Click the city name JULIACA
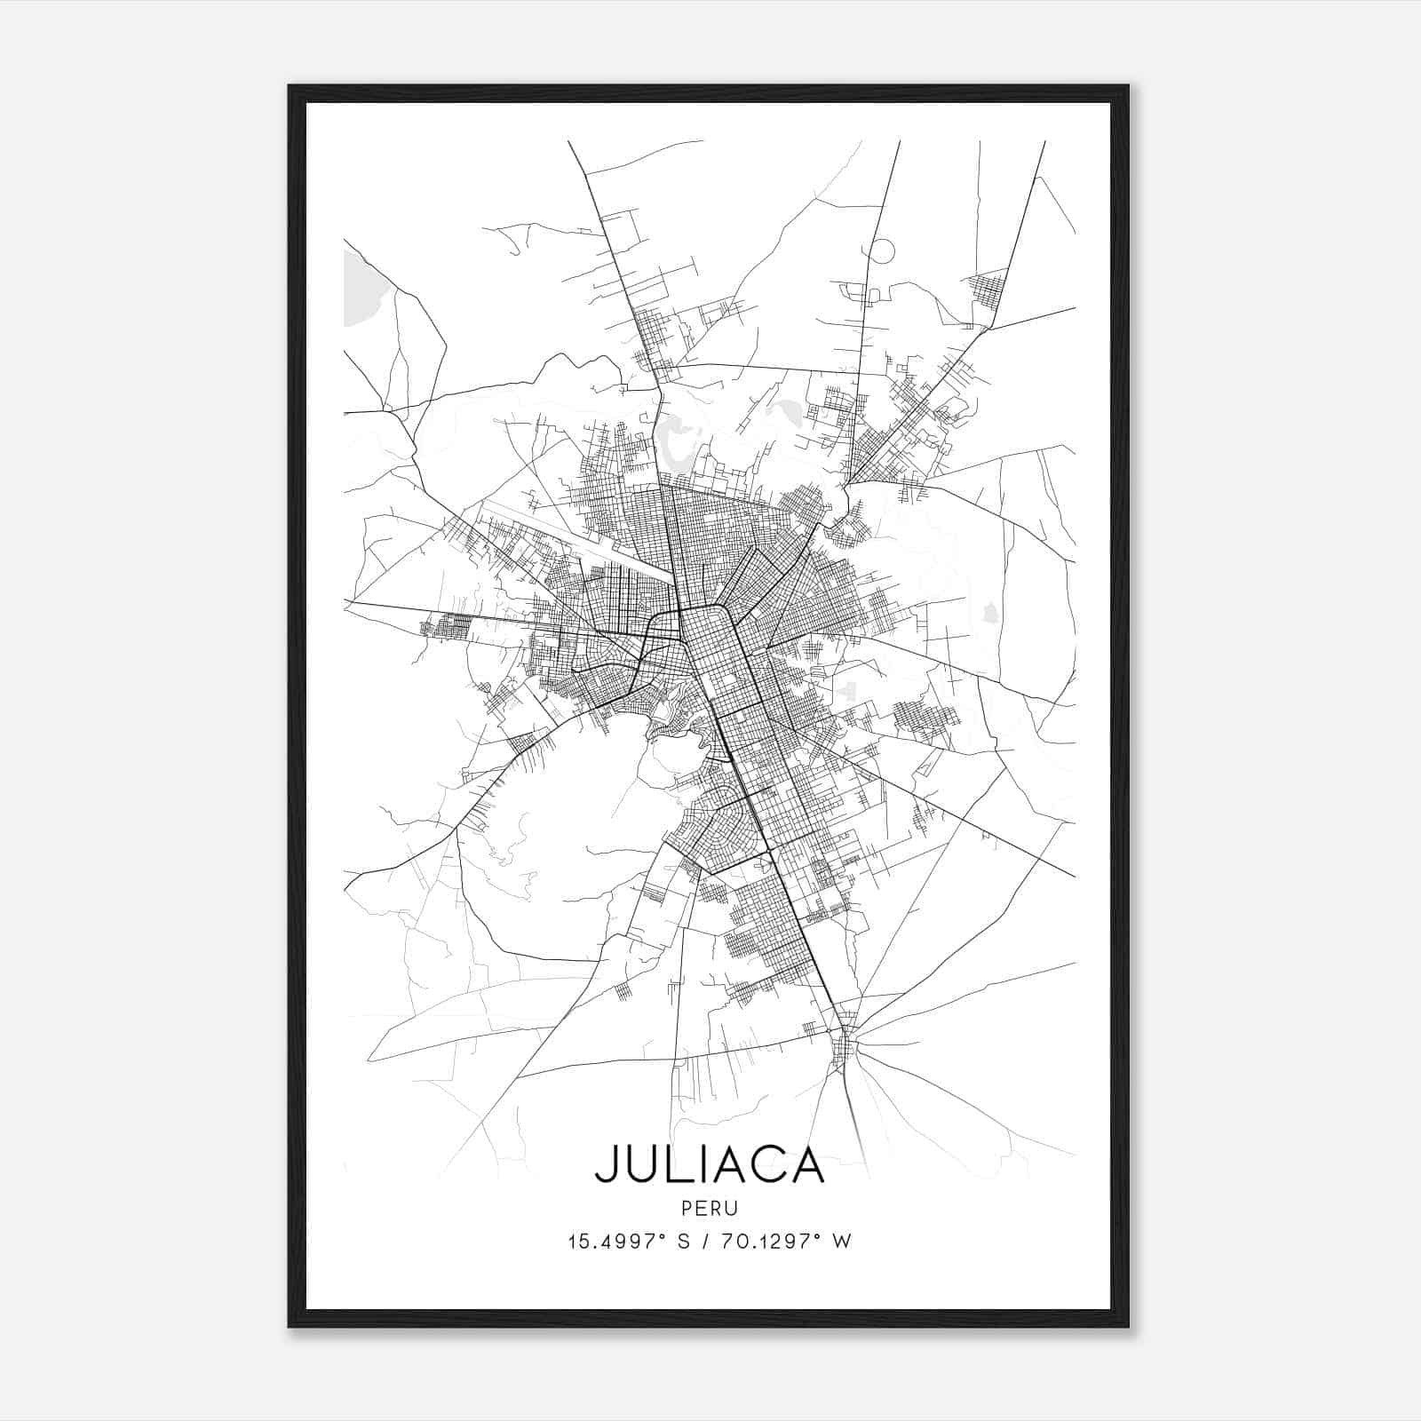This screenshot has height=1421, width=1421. point(710,1164)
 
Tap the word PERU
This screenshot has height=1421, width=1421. point(710,1209)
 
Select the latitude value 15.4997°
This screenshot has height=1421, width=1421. point(615,1242)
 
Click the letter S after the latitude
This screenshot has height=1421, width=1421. point(683,1242)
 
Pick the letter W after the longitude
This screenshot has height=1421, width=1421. point(843,1242)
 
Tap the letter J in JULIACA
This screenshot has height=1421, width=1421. point(607,1164)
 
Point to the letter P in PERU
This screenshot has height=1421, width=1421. point(687,1209)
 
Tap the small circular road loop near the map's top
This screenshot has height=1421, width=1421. point(881,250)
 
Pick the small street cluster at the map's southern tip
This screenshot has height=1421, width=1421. point(844,1048)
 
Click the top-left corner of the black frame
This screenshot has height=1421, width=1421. point(290,86)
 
